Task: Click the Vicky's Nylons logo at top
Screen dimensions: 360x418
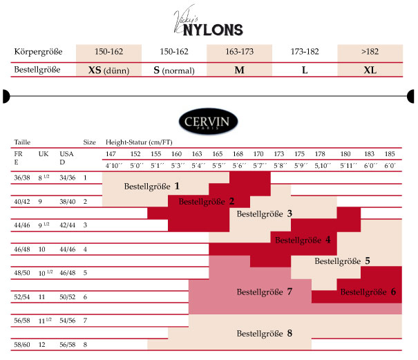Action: click(x=208, y=21)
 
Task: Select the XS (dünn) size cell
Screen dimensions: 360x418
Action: click(x=108, y=70)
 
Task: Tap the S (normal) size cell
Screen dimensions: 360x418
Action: click(x=173, y=70)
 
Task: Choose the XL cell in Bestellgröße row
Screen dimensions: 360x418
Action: click(x=370, y=70)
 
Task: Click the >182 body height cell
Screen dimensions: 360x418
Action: click(x=370, y=52)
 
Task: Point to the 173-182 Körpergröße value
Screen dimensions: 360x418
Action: click(x=304, y=52)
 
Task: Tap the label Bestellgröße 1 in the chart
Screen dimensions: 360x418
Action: click(x=151, y=186)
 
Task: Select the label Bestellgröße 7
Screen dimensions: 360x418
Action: click(x=265, y=292)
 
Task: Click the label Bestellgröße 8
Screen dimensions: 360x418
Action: click(x=265, y=333)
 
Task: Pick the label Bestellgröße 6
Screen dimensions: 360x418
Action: click(x=368, y=292)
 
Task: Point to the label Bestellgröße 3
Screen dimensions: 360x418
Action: click(x=265, y=214)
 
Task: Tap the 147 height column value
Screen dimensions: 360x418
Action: click(x=111, y=153)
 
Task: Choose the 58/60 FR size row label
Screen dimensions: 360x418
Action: click(x=22, y=344)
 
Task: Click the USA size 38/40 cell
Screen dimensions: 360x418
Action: click(x=68, y=201)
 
